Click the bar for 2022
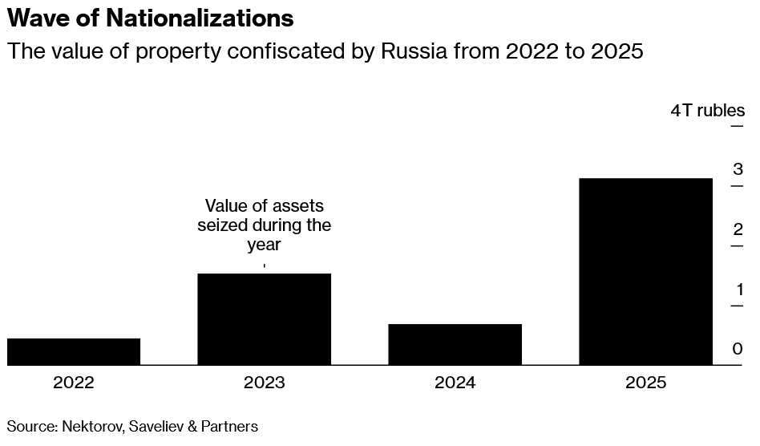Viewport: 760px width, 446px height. (x=74, y=351)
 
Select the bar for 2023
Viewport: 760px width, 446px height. (x=264, y=319)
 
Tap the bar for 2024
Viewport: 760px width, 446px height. (x=455, y=344)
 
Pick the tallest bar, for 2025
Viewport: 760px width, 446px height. (x=645, y=271)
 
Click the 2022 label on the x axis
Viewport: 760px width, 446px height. (x=74, y=383)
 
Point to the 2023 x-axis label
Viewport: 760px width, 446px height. (x=264, y=383)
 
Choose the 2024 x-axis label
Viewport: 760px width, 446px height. (x=455, y=383)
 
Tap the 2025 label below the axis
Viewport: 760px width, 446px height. (x=645, y=383)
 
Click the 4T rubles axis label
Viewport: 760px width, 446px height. (x=707, y=111)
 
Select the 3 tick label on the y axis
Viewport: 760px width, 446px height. (x=738, y=169)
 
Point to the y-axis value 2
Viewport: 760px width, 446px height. (x=738, y=229)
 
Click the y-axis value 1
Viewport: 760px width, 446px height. (x=738, y=290)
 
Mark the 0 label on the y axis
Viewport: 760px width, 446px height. (x=738, y=349)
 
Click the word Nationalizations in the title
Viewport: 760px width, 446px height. (x=200, y=17)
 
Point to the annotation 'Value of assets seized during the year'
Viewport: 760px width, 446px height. (x=264, y=225)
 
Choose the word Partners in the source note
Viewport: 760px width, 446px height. (x=228, y=426)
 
